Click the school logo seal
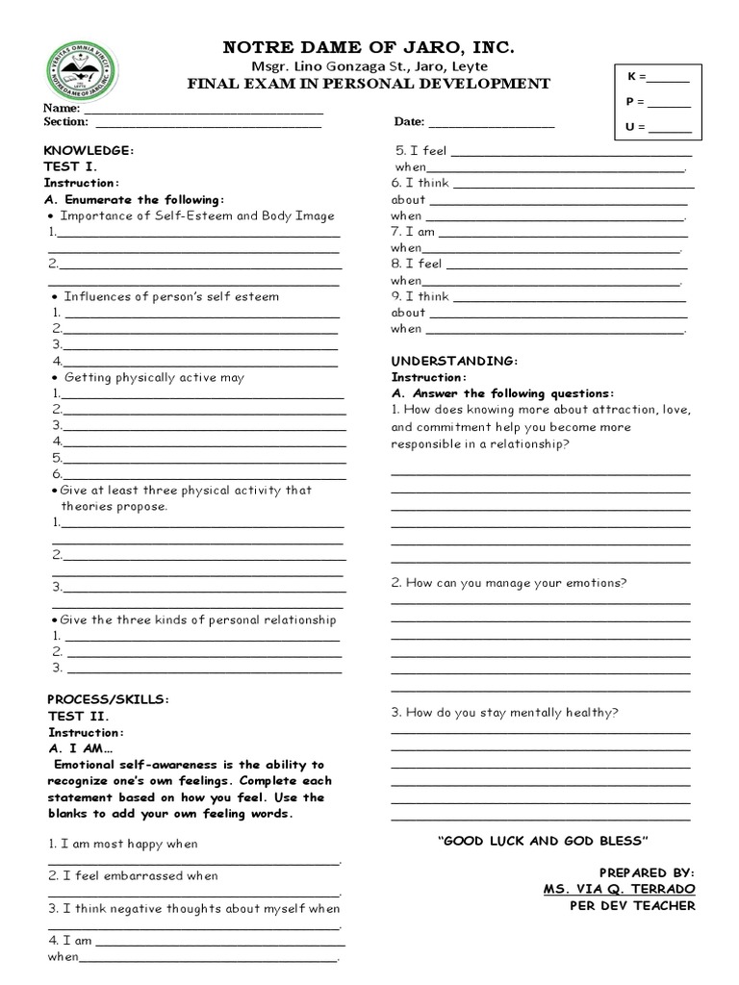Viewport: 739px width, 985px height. point(81,73)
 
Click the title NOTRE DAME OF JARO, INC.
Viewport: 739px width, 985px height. point(369,47)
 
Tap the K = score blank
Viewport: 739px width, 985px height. point(670,77)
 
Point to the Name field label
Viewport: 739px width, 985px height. point(61,108)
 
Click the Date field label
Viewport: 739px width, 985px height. point(409,122)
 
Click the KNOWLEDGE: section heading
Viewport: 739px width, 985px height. point(89,151)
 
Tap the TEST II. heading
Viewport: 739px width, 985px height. point(79,717)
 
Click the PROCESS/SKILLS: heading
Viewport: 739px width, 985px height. point(108,699)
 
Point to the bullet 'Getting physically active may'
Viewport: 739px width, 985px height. point(154,378)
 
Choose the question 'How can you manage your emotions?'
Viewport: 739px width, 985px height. point(509,583)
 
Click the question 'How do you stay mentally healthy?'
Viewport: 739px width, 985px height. point(504,713)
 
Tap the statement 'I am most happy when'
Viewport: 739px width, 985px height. point(123,844)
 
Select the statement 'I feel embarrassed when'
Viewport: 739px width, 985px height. point(133,876)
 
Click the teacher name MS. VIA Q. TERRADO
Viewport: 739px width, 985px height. point(619,889)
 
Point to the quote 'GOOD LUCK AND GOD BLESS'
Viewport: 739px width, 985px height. point(544,841)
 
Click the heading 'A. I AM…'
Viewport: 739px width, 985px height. point(81,748)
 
